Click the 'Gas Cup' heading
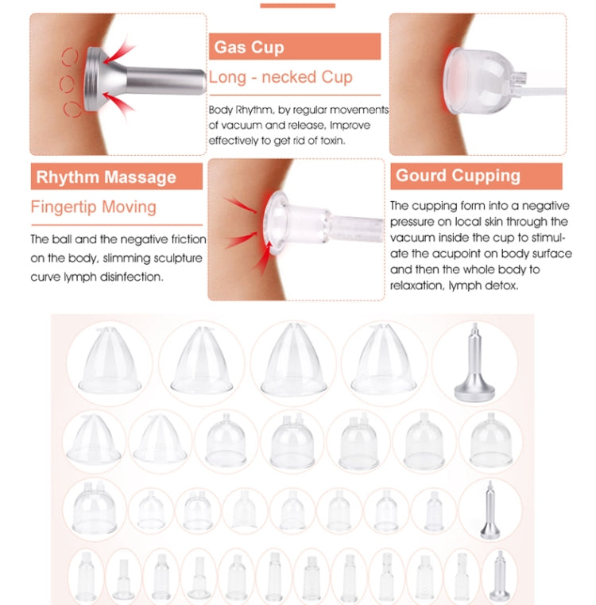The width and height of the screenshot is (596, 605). tap(249, 47)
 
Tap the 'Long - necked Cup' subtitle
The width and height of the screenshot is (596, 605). tap(281, 77)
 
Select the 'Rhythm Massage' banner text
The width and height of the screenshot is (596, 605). tap(106, 177)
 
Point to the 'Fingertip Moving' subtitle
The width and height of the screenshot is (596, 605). tap(93, 207)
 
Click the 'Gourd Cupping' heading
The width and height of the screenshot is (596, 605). tap(458, 176)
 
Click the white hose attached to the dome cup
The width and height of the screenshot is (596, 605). tap(540, 92)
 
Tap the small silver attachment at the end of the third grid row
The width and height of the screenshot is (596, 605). tap(490, 510)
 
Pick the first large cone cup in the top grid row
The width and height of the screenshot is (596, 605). tap(110, 360)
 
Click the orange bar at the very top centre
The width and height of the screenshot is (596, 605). tap(297, 6)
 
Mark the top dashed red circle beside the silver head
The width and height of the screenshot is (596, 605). tap(70, 56)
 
